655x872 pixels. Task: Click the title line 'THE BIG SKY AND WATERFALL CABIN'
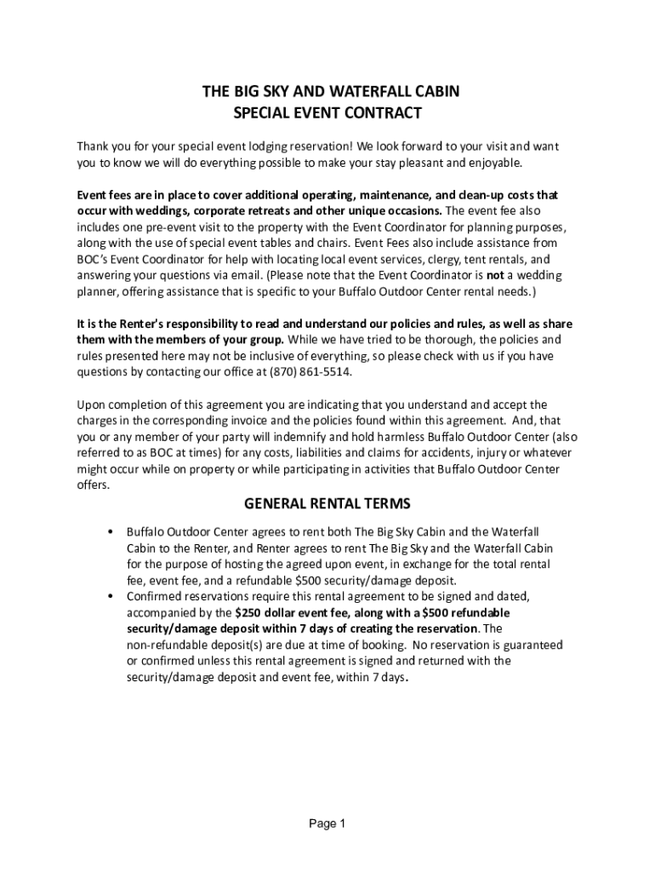327,92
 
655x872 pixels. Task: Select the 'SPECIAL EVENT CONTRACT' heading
327,112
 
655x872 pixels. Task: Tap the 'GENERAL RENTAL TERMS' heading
327,503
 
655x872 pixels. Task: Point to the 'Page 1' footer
327,823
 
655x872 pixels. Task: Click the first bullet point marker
111,532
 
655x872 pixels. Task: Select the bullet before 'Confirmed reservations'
111,596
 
